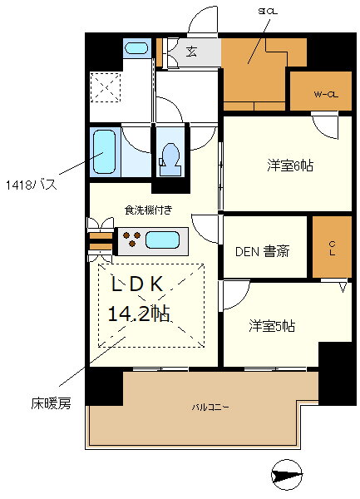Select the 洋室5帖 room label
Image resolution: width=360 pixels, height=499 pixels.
(x=272, y=327)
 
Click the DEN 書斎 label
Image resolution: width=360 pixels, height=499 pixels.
(x=262, y=250)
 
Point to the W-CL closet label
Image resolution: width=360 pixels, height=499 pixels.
(x=325, y=94)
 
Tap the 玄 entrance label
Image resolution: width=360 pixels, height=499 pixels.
(x=190, y=52)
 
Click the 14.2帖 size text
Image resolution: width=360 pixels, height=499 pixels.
(x=139, y=314)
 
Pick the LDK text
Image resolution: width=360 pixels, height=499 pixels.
(x=141, y=284)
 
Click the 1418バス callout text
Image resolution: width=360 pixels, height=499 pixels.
(x=31, y=184)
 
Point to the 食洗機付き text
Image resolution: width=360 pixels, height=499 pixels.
(x=149, y=211)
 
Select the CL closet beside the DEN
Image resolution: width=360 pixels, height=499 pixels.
(x=331, y=247)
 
